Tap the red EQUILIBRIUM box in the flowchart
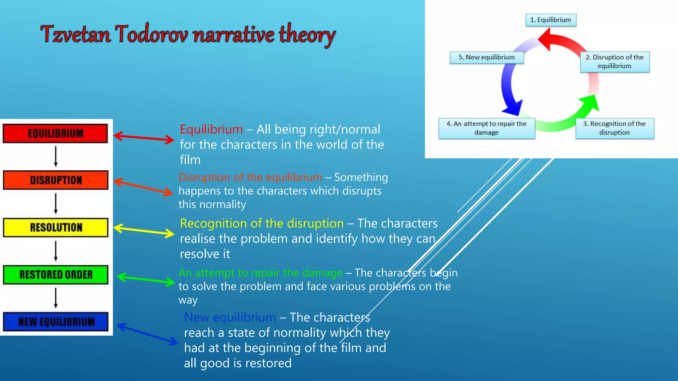pyautogui.click(x=55, y=133)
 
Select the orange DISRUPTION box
pyautogui.click(x=56, y=180)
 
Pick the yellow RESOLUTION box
pyautogui.click(x=56, y=228)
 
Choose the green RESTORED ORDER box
pyautogui.click(x=56, y=275)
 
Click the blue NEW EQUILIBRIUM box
pyautogui.click(x=56, y=321)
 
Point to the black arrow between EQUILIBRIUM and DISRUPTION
pyautogui.click(x=56, y=156)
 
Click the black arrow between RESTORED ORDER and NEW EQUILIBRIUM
pyautogui.click(x=56, y=298)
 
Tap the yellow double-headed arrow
pyautogui.click(x=144, y=231)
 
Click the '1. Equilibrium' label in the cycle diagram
pyautogui.click(x=551, y=20)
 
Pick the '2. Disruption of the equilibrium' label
pyautogui.click(x=614, y=62)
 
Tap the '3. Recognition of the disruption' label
pyautogui.click(x=614, y=128)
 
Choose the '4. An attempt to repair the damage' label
pyautogui.click(x=486, y=128)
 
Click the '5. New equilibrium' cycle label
pyautogui.click(x=486, y=57)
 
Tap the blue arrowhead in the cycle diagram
pyautogui.click(x=512, y=108)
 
